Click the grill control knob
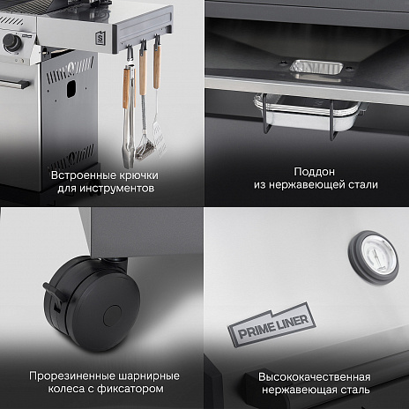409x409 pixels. pos(10,41)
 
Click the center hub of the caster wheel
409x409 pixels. pos(113,316)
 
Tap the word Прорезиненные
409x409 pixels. pos(66,374)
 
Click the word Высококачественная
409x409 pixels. pos(313,375)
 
